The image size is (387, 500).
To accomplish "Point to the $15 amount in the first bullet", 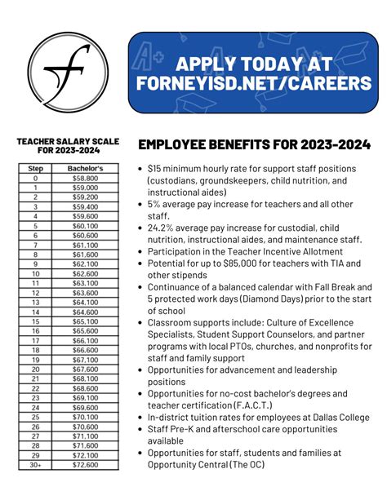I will pyautogui.click(x=154, y=170).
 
